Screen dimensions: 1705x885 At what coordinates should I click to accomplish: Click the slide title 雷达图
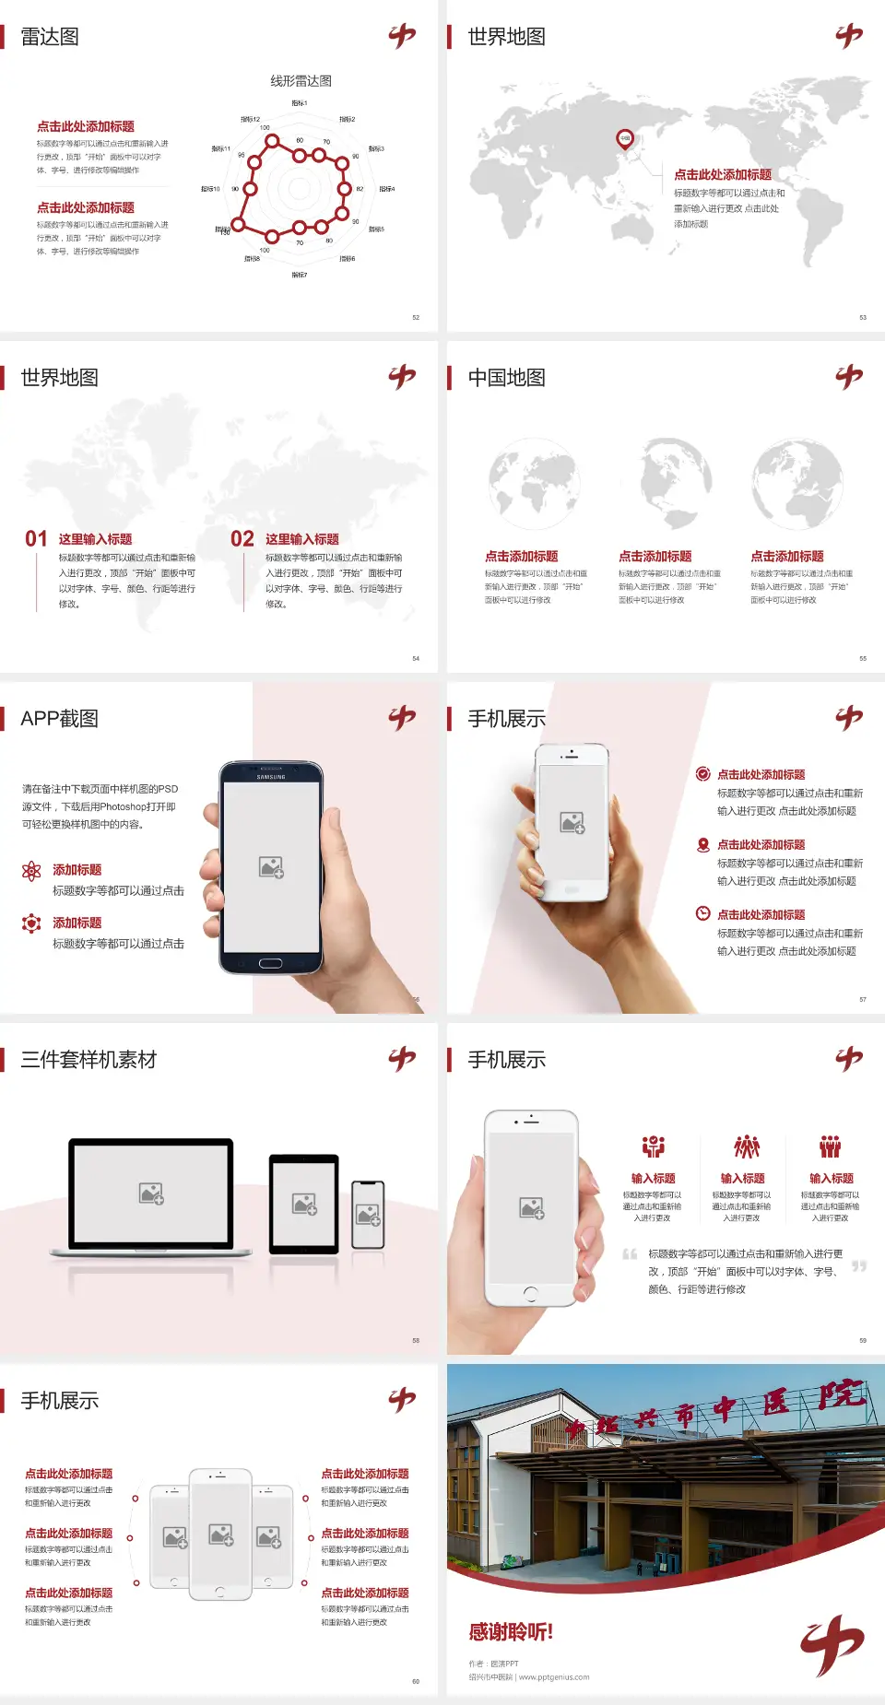pyautogui.click(x=50, y=37)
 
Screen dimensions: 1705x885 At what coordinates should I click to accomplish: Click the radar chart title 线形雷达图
pyautogui.click(x=301, y=81)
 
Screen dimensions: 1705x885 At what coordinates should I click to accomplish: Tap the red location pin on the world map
pyautogui.click(x=624, y=139)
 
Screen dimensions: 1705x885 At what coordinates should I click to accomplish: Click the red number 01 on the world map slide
pyautogui.click(x=36, y=539)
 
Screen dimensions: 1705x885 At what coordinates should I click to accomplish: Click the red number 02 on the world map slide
pyautogui.click(x=242, y=539)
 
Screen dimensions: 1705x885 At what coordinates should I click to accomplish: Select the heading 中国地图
pyautogui.click(x=506, y=378)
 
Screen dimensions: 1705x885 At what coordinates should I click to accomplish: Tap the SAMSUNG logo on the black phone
pyautogui.click(x=271, y=777)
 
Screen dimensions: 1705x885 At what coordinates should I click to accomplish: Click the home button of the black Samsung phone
pyautogui.click(x=270, y=963)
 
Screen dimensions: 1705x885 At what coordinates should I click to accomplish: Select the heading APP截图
pyautogui.click(x=59, y=719)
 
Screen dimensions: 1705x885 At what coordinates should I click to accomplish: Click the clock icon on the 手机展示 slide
pyautogui.click(x=702, y=913)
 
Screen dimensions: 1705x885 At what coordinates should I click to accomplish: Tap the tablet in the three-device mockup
pyautogui.click(x=304, y=1203)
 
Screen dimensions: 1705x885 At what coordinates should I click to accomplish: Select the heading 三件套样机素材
pyautogui.click(x=88, y=1060)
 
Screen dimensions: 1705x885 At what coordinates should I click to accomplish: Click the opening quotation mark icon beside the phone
pyautogui.click(x=630, y=1254)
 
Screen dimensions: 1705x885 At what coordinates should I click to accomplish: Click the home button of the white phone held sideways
pyautogui.click(x=530, y=1293)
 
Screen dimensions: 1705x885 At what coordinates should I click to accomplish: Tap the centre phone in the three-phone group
pyautogui.click(x=220, y=1534)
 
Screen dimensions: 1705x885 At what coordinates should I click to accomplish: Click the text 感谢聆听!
pyautogui.click(x=511, y=1632)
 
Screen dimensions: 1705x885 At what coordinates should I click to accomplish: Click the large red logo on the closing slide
pyautogui.click(x=832, y=1645)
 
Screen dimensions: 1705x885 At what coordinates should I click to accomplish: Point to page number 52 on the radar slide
pyautogui.click(x=416, y=317)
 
